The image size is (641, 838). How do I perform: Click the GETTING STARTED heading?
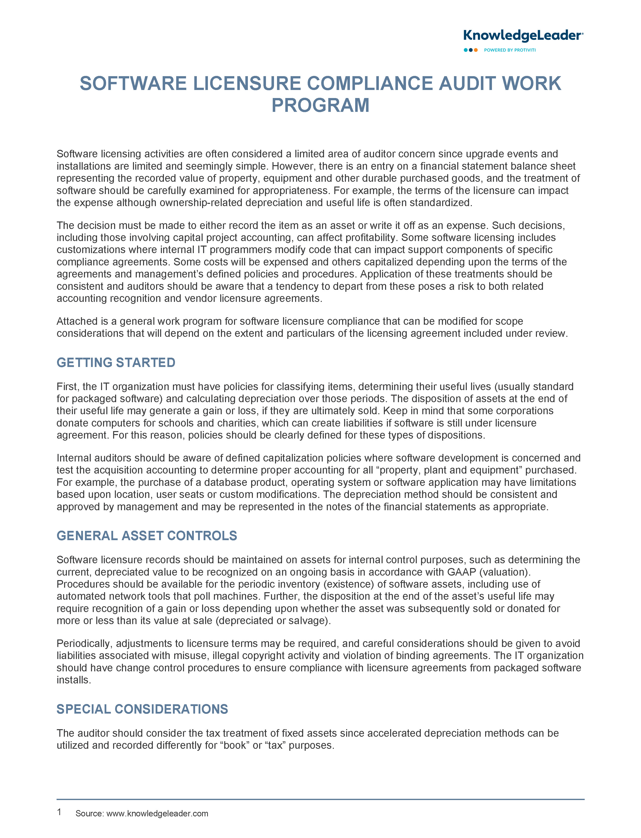coord(116,362)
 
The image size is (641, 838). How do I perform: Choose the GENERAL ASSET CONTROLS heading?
coord(147,536)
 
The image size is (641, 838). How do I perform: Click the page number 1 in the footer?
coord(59,812)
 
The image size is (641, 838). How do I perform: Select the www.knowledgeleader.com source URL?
coord(157,814)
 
